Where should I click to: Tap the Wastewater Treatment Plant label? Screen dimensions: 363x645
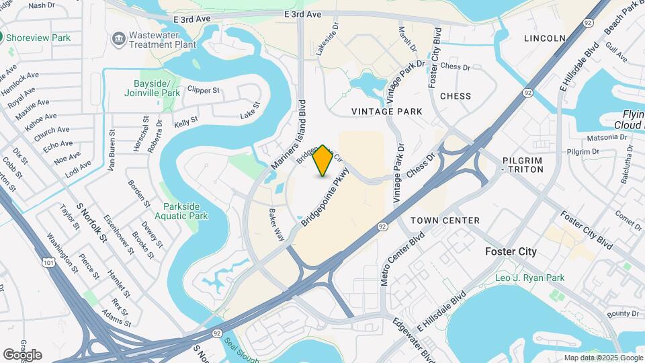[163, 39]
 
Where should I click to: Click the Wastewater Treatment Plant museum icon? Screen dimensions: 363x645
[119, 38]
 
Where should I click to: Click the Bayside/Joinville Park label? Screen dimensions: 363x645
[152, 88]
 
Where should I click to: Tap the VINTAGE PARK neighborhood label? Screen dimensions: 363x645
[387, 111]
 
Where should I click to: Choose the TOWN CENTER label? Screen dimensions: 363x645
[445, 220]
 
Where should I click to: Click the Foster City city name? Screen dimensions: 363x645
[511, 251]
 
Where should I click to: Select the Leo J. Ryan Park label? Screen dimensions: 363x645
[529, 278]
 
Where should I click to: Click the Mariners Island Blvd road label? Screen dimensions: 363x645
[288, 134]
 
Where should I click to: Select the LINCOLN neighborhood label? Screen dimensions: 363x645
[544, 38]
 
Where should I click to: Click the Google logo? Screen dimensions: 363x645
[22, 354]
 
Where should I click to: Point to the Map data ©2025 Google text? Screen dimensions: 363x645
[602, 358]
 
